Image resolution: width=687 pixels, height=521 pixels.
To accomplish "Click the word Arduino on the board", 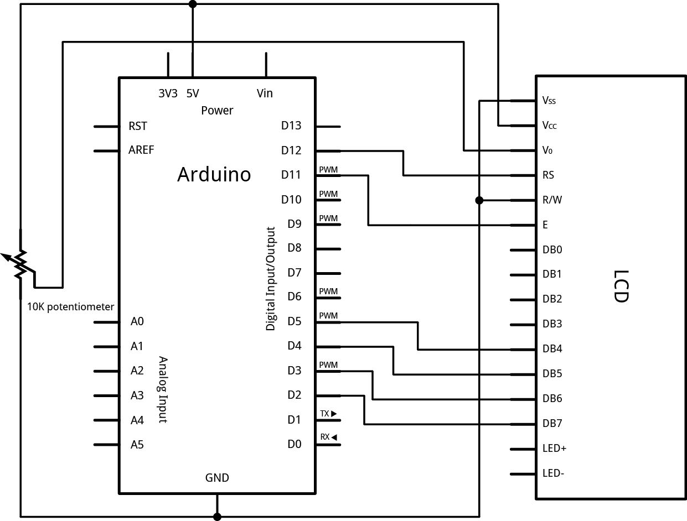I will coord(214,175).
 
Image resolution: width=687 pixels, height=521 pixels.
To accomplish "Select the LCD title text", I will coord(622,286).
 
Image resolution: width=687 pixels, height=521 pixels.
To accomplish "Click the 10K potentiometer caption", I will coord(71,306).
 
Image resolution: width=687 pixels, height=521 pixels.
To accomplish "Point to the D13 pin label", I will coord(291,126).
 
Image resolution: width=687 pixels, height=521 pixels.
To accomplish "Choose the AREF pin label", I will coord(141,150).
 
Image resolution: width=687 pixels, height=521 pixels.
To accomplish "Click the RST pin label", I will coord(138,126).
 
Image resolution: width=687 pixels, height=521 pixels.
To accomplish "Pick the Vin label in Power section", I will coord(265,93).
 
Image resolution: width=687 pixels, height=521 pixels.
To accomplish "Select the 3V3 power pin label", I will coord(168,93).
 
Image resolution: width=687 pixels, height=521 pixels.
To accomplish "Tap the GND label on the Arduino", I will coord(217,478).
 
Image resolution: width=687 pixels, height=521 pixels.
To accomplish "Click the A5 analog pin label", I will coord(137,444).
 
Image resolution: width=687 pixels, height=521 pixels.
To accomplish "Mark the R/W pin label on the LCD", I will coord(552,200).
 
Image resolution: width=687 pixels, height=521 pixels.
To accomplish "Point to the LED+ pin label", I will coord(555,449).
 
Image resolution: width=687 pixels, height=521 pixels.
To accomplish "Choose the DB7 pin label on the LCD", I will coord(552,424).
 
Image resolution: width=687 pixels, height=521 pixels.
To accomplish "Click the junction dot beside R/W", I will coord(479,200).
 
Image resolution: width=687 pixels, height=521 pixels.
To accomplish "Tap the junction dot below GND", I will coord(217,517).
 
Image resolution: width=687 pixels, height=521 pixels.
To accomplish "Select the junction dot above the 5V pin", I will coord(193,4).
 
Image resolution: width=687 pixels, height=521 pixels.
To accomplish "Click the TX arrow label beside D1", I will coord(328,414).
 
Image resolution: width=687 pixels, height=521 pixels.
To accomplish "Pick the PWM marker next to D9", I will coord(328,218).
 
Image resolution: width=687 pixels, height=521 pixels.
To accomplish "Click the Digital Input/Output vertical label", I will coord(271,279).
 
